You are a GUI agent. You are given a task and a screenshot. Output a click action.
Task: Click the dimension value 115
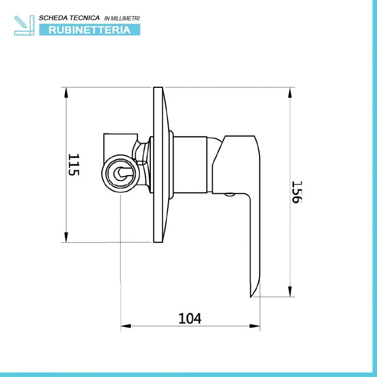74,165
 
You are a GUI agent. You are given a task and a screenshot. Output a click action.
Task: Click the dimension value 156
296,191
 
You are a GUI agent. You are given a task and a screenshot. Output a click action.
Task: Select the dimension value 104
190,318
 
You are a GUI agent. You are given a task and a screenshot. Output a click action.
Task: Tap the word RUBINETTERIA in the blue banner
89,30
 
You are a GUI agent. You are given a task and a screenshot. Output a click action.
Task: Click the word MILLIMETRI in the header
125,18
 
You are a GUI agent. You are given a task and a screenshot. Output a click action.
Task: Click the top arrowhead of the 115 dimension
66,92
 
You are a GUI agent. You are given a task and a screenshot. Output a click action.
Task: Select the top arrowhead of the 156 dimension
291,92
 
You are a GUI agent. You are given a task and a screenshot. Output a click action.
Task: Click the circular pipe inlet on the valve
120,174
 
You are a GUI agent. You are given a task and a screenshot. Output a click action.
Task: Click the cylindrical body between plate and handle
190,164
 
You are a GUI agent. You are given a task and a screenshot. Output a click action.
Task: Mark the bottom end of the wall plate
158,241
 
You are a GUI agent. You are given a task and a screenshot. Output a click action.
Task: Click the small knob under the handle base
229,195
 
